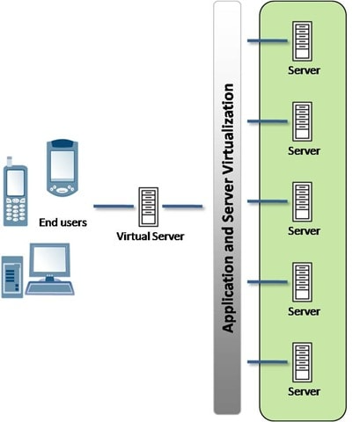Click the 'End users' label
(x=63, y=222)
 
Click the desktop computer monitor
(x=50, y=263)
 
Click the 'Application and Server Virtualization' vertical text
(x=228, y=207)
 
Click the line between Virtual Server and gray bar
(x=176, y=207)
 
